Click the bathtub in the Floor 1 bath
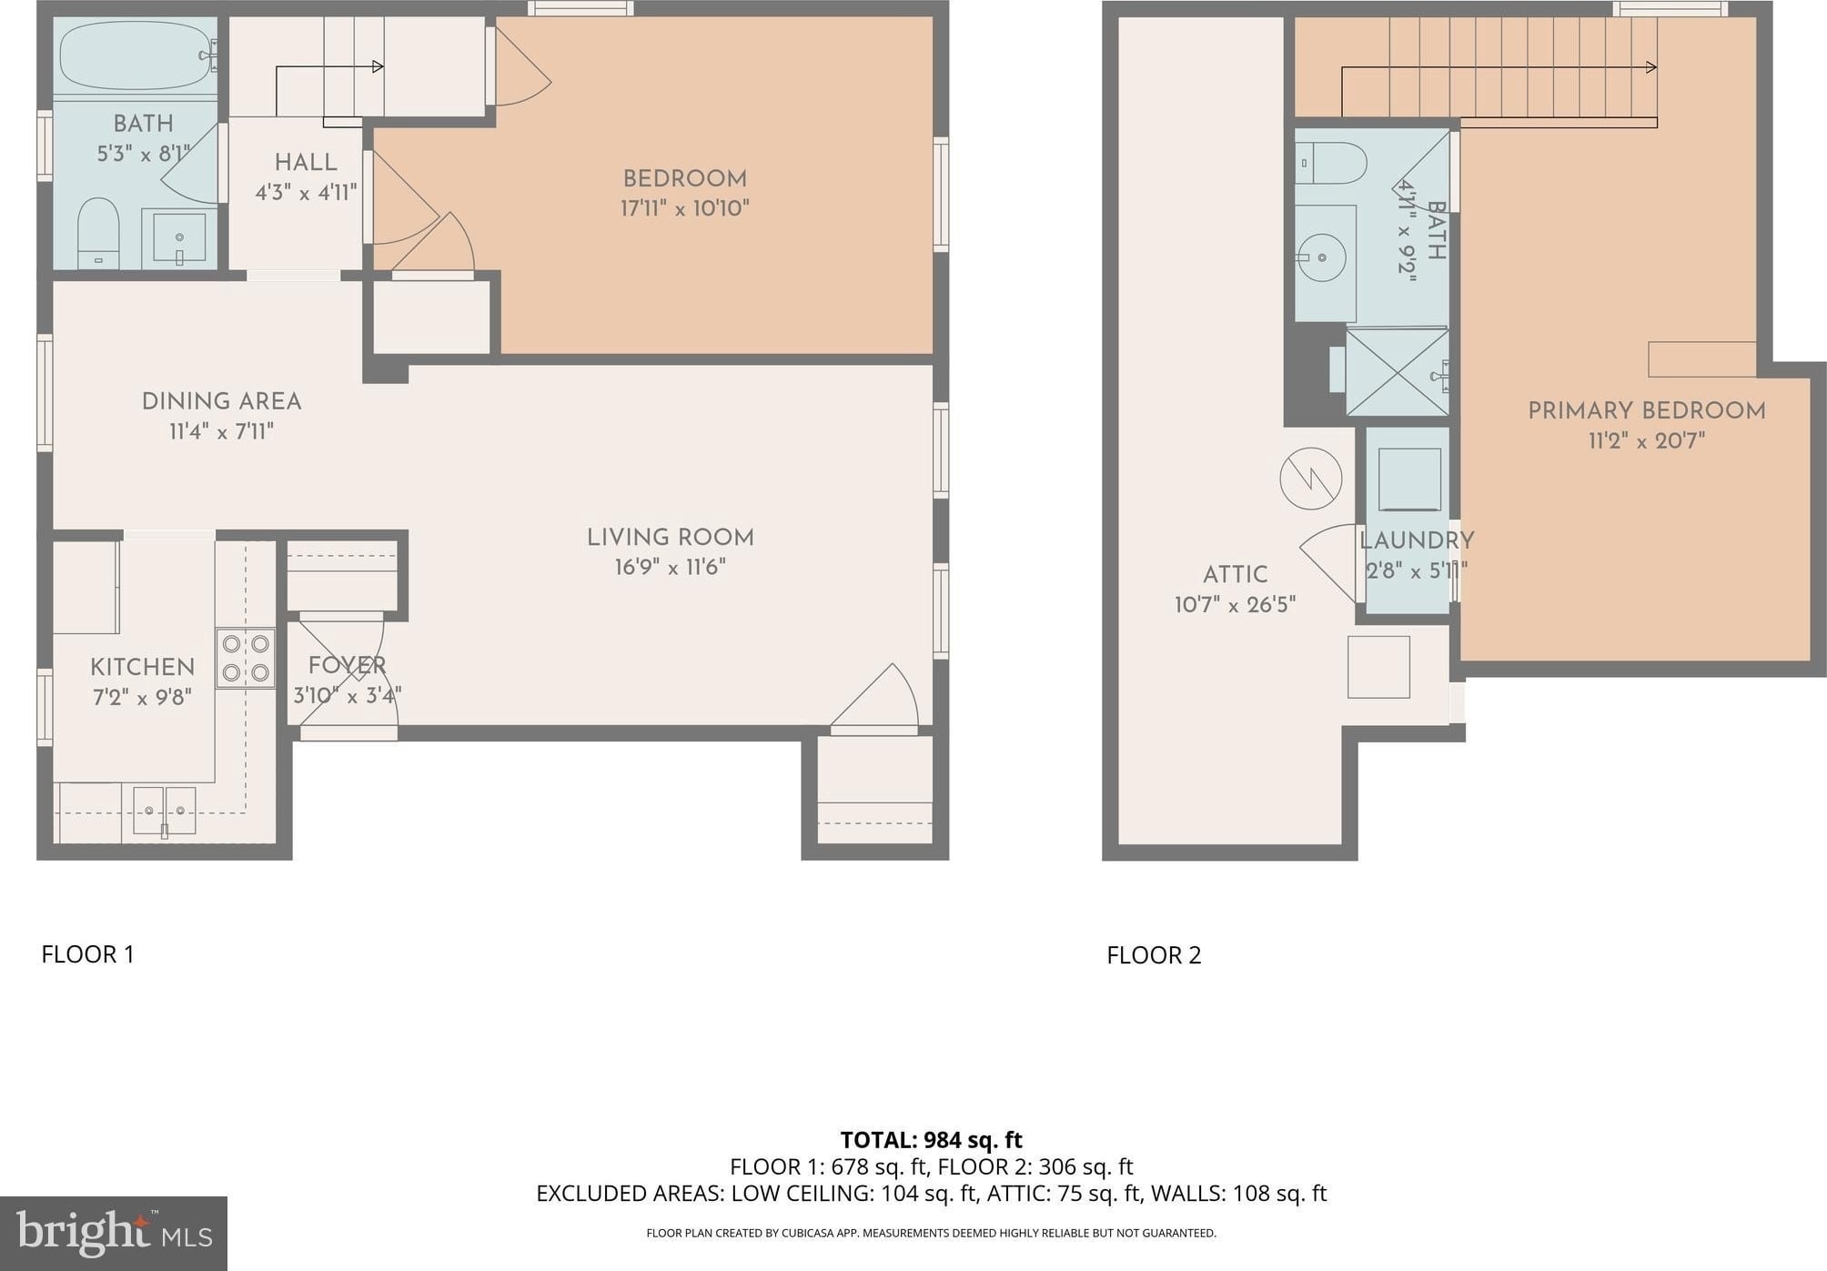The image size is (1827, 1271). point(136,55)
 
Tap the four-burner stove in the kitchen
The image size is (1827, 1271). point(246,658)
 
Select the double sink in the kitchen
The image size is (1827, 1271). point(165,811)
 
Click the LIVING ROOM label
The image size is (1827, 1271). point(671,538)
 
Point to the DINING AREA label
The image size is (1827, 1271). point(221,401)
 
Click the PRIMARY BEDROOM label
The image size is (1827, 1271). point(1647,410)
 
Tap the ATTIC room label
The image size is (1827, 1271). point(1235,575)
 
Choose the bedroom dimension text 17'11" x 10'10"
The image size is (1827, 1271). point(685,208)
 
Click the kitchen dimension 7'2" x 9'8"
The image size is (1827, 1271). point(142,698)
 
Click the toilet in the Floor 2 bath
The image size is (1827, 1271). point(1331,164)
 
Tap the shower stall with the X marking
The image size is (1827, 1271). point(1397,372)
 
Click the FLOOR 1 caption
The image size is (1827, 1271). point(88,954)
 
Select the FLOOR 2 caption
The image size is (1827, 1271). point(1154,955)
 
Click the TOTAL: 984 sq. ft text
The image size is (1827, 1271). point(931,1140)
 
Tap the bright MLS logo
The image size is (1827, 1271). point(114,1233)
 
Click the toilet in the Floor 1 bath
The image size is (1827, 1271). point(98,233)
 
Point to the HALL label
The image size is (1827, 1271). point(306,163)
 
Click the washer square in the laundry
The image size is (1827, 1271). point(1409,479)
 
